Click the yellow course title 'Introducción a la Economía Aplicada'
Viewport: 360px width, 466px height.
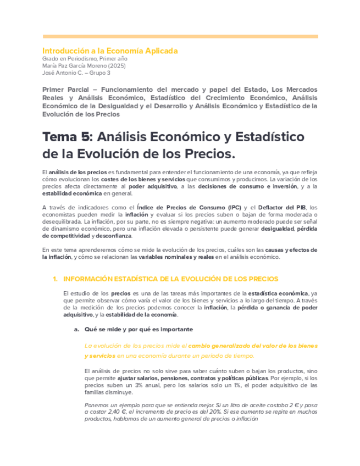coord(110,51)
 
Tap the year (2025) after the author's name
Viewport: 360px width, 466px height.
coord(118,65)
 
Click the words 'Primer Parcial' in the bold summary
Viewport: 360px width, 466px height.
coord(63,89)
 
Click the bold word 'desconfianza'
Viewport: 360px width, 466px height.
coord(114,236)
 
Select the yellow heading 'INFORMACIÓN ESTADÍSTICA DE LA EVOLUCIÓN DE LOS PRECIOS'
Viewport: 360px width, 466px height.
coord(171,279)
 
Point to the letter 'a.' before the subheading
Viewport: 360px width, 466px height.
coord(77,329)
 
